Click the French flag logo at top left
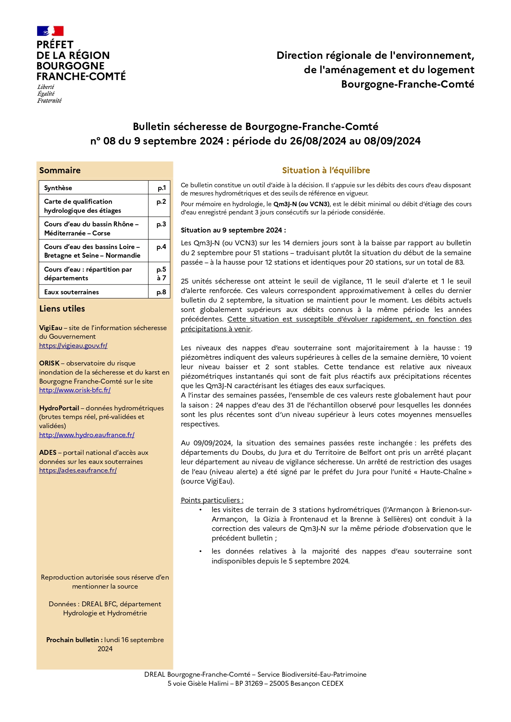tap(50, 31)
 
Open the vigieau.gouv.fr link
tap(73, 346)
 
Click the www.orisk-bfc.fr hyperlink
tap(75, 390)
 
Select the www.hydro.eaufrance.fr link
tap(87, 435)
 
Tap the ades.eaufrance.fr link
tap(78, 470)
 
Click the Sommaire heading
tap(60, 170)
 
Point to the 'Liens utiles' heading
tap(62, 309)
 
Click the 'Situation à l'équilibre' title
tap(326, 170)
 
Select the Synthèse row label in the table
tap(58, 188)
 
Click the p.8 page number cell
tap(161, 292)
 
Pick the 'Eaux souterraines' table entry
tap(72, 292)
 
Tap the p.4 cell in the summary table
tap(161, 247)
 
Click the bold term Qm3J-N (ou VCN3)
tap(301, 204)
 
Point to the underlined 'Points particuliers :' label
tap(212, 501)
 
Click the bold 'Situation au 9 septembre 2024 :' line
tap(233, 230)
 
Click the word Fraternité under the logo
tap(49, 101)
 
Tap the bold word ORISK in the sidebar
tap(49, 363)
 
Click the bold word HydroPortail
tap(59, 408)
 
